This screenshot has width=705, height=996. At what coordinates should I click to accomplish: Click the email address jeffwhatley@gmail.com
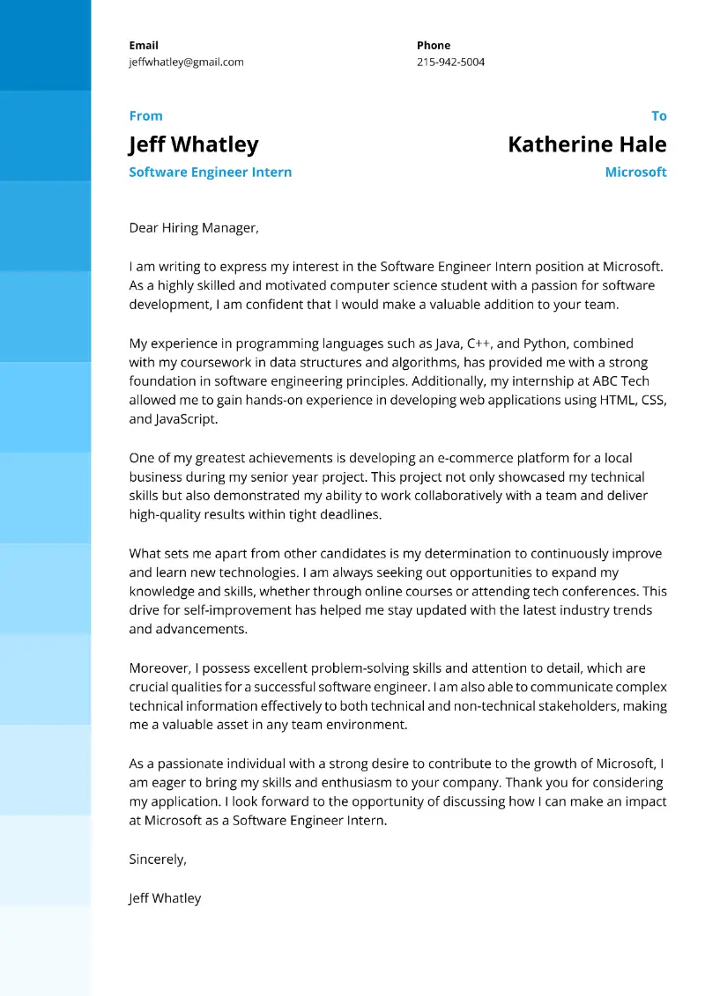click(x=186, y=62)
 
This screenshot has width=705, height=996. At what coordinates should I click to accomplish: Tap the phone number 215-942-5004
click(x=450, y=62)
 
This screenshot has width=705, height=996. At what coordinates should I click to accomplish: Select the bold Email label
click(x=144, y=45)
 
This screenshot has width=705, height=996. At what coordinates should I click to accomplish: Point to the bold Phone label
click(x=433, y=45)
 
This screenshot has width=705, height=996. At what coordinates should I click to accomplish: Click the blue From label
click(x=145, y=115)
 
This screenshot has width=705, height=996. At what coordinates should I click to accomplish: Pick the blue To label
click(x=658, y=115)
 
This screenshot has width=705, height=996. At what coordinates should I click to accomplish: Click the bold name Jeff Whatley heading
click(x=193, y=144)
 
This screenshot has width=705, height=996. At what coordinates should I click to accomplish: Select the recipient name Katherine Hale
click(x=587, y=144)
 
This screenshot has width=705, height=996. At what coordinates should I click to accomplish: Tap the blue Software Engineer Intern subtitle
click(x=210, y=172)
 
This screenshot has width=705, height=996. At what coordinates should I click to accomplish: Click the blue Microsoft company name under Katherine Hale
click(x=635, y=172)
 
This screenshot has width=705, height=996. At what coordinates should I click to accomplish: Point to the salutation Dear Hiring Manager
click(x=194, y=227)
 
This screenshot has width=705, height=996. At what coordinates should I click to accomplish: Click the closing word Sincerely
click(x=157, y=859)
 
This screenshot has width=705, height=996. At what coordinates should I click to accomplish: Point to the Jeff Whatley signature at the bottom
click(x=165, y=897)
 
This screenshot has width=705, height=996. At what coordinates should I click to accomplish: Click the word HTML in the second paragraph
click(x=616, y=400)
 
